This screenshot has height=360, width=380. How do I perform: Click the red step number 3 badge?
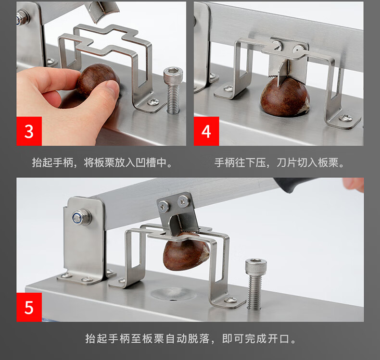point(29,131)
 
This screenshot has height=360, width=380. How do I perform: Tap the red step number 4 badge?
point(206,131)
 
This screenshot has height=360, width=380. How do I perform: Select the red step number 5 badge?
point(29,307)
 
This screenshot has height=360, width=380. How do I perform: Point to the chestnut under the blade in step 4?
point(285,97)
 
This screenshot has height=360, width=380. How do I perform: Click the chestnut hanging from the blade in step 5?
point(186,252)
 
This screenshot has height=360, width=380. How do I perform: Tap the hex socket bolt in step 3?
point(173,90)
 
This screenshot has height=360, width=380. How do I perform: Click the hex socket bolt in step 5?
point(255,284)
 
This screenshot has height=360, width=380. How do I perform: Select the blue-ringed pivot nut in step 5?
point(82,217)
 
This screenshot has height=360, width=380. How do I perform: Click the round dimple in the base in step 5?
point(173,293)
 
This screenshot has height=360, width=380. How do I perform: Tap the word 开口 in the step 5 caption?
point(279,338)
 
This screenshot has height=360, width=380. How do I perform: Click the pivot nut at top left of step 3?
point(23,17)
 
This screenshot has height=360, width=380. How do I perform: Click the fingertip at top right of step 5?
point(354,184)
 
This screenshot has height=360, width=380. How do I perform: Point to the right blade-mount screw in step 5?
point(183,201)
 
